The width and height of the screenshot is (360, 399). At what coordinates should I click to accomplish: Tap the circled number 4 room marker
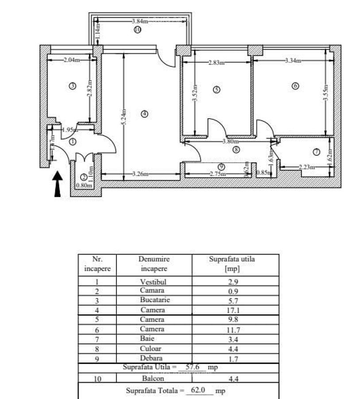144,114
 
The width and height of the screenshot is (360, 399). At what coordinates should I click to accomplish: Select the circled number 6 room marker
295,86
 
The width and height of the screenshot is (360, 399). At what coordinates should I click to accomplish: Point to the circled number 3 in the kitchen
73,86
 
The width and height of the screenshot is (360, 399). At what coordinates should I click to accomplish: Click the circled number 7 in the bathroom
316,152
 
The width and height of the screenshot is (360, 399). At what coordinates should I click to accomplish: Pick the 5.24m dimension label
124,117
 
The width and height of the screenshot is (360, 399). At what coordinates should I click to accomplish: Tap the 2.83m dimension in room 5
216,63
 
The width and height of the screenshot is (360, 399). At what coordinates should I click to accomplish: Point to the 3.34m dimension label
293,60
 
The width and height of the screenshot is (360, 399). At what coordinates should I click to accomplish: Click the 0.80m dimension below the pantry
84,186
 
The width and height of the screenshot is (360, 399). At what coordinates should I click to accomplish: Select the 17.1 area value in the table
236,310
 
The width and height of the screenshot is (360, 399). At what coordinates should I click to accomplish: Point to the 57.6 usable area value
192,368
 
